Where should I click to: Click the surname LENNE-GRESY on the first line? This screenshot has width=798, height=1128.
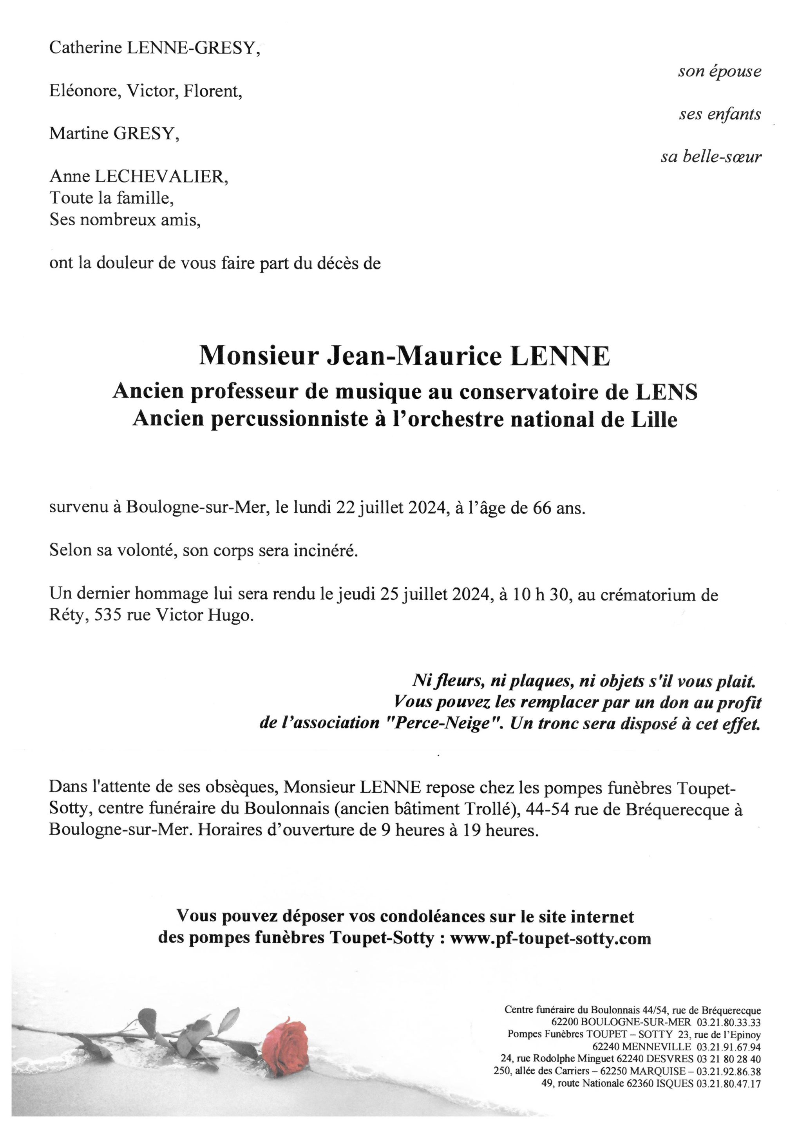pyautogui.click(x=193, y=48)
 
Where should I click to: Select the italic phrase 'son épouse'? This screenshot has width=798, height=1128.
pyautogui.click(x=719, y=71)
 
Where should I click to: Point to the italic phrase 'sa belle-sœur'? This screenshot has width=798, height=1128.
pyautogui.click(x=711, y=157)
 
